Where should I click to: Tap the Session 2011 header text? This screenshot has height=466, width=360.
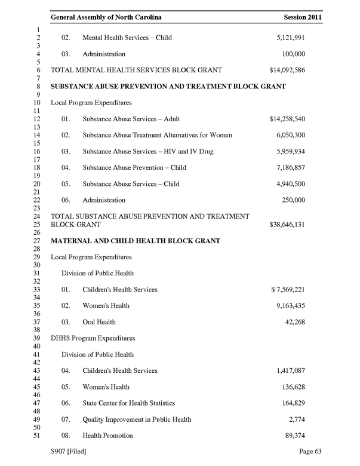point(303,18)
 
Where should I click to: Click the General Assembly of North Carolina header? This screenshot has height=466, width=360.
point(106,18)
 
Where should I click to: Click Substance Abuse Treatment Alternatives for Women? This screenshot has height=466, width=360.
point(157,136)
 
